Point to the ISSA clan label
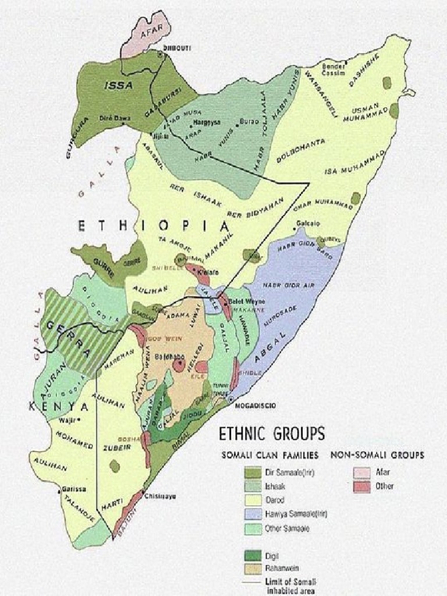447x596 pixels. click(x=119, y=86)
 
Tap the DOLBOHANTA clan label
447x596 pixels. click(x=301, y=150)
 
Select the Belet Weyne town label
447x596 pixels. click(x=246, y=301)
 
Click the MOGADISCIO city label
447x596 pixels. click(x=256, y=405)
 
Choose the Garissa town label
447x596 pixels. click(x=74, y=489)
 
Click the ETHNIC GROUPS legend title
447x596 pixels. click(x=271, y=434)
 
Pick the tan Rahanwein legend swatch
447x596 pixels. click(x=253, y=567)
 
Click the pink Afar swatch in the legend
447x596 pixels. click(x=362, y=473)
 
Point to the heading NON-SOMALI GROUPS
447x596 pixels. click(x=377, y=455)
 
